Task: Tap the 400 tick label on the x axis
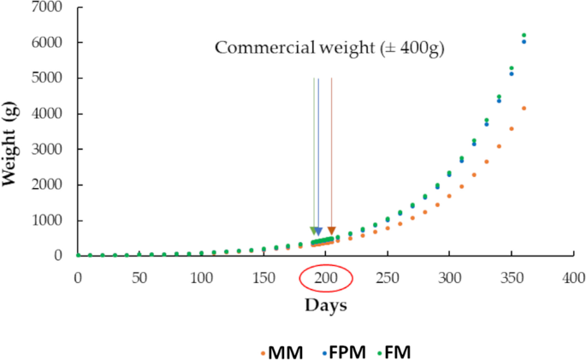click(573, 279)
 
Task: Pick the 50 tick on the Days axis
click(139, 279)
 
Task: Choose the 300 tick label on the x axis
click(449, 279)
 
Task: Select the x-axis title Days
click(326, 304)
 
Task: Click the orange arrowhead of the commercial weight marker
click(331, 231)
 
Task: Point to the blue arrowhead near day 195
click(318, 231)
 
